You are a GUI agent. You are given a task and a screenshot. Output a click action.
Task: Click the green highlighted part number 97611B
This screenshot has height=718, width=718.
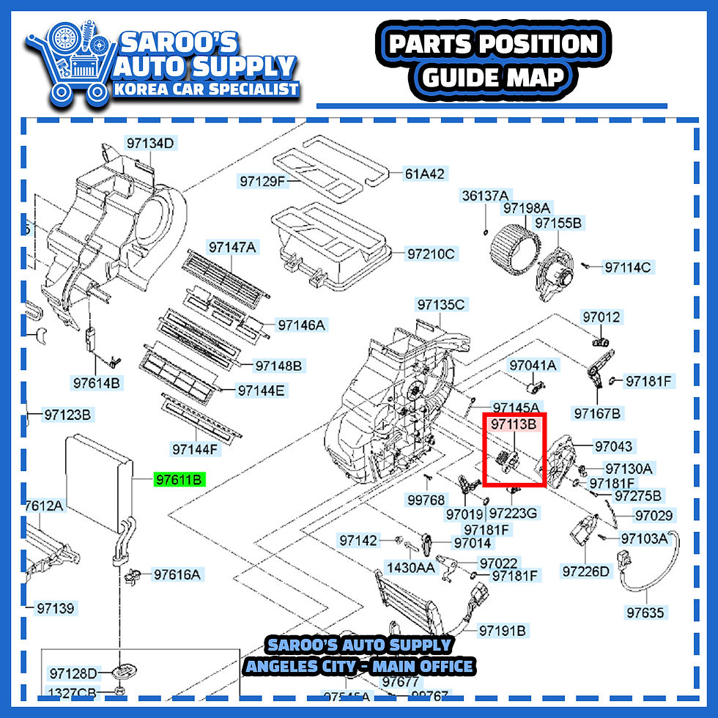tap(179, 480)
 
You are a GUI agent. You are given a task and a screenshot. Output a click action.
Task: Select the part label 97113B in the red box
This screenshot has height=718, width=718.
tap(514, 424)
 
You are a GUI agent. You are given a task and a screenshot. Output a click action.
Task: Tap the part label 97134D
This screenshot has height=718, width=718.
tap(149, 143)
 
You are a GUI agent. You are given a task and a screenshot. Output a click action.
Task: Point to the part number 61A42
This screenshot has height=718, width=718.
tap(425, 174)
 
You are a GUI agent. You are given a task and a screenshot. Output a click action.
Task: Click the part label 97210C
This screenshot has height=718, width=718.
tap(431, 254)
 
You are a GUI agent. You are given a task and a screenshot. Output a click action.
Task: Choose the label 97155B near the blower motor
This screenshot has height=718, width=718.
tap(558, 223)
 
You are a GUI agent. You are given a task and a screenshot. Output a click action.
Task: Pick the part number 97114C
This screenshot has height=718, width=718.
tap(627, 267)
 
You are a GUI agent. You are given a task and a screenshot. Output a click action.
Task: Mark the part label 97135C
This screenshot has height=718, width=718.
tap(441, 304)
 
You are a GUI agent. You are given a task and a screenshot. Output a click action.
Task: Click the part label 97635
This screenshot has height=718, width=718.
tap(645, 612)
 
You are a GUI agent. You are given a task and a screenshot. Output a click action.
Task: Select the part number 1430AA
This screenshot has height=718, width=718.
tap(411, 567)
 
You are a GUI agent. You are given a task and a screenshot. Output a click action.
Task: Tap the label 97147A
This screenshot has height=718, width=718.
tap(232, 247)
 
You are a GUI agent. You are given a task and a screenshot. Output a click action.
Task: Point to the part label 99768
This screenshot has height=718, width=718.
tap(426, 500)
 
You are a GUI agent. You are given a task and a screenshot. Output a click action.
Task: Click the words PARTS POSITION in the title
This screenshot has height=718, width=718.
tap(493, 45)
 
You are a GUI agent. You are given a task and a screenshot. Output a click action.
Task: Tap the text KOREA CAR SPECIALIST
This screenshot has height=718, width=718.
tap(206, 89)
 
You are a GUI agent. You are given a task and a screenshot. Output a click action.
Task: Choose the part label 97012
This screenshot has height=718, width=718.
tap(601, 317)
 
